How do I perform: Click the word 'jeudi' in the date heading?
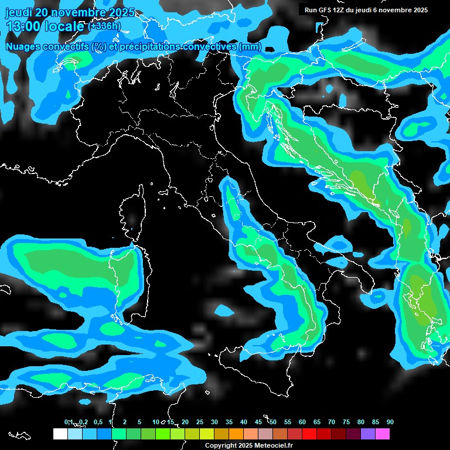(x=19, y=12)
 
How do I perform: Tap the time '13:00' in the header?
(x=23, y=26)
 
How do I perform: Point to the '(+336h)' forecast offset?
(x=104, y=26)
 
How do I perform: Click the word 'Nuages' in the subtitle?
(x=24, y=46)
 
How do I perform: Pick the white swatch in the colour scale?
(x=60, y=434)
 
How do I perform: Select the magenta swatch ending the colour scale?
(x=382, y=434)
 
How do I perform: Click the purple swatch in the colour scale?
(x=367, y=434)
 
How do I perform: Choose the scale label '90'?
(x=390, y=422)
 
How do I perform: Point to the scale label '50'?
(x=273, y=422)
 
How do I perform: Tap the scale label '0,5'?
(x=97, y=422)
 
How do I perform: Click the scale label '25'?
(x=200, y=422)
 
